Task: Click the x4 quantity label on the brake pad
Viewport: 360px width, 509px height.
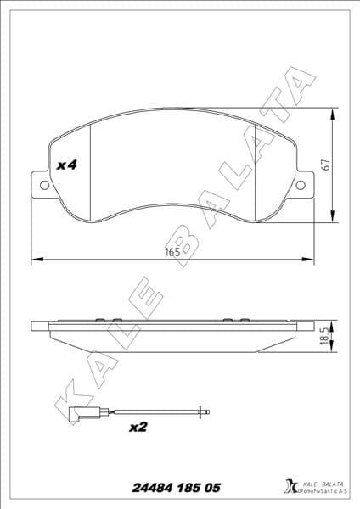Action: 66,165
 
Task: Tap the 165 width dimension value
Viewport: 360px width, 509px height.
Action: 172,252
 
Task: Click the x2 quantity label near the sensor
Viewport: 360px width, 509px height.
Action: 138,428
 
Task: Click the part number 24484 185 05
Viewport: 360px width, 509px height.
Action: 177,488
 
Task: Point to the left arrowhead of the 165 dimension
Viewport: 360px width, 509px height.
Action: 34,260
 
